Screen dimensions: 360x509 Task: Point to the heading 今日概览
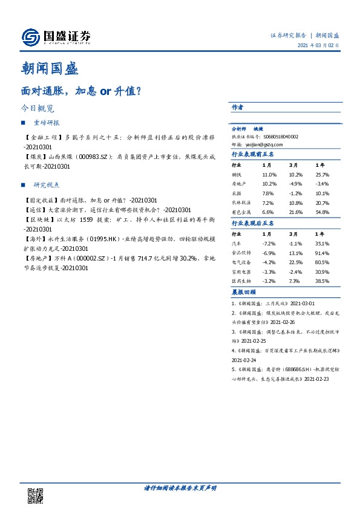pos(37,109)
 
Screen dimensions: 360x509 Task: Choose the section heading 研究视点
pos(46,185)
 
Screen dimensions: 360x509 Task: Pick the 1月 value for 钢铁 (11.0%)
pos(269,174)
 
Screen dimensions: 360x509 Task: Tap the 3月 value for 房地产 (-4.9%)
pos(295,184)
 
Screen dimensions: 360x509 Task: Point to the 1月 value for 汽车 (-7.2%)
pos(269,243)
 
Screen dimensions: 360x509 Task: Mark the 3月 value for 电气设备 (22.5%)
pos(295,262)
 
